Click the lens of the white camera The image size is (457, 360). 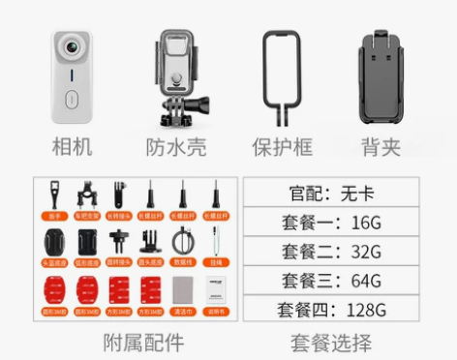click(x=70, y=48)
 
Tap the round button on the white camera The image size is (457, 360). click(x=71, y=98)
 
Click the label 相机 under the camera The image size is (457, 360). click(x=72, y=148)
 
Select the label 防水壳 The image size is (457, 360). click(x=180, y=148)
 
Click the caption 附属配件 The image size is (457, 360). click(x=142, y=342)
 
